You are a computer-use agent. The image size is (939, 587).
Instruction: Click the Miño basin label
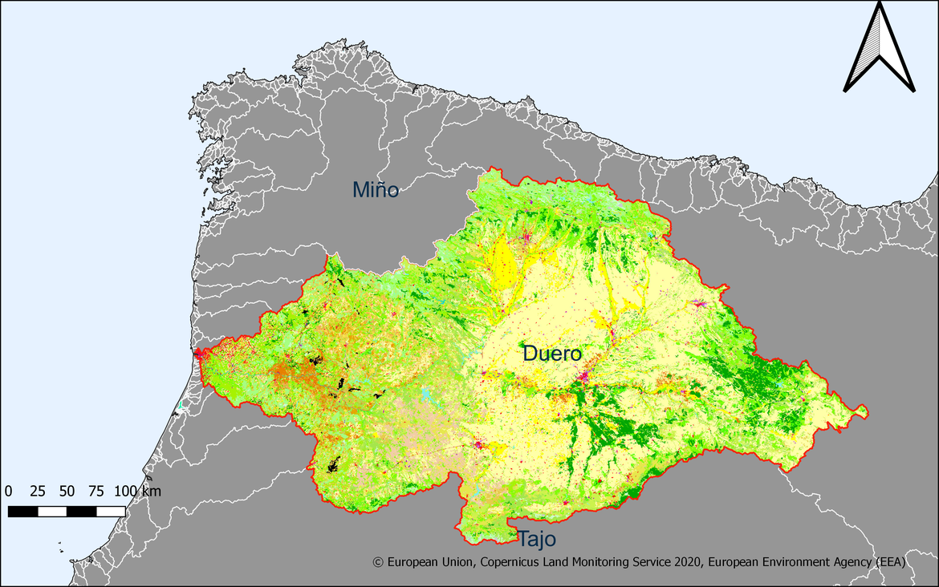[376, 190]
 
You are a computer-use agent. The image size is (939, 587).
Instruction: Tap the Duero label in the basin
[551, 353]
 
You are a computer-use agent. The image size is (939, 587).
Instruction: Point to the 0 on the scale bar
[9, 491]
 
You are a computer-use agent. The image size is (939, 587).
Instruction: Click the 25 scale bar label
[38, 491]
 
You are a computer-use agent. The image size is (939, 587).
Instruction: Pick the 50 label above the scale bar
[67, 491]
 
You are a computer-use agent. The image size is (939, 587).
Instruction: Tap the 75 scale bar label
[96, 491]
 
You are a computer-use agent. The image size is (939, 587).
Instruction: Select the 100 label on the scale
[126, 491]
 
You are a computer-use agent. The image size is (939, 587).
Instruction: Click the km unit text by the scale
[151, 491]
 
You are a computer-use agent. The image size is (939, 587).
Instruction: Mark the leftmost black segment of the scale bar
[22, 511]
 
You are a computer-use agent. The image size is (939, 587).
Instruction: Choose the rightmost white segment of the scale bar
[111, 511]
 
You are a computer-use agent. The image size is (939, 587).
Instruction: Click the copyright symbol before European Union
[379, 563]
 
